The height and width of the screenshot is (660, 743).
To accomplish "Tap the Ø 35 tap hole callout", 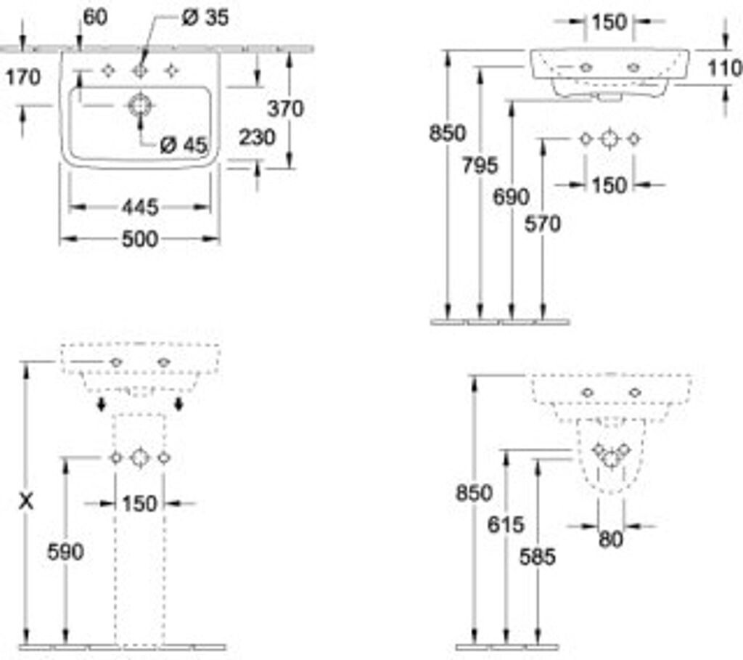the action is pyautogui.click(x=204, y=17).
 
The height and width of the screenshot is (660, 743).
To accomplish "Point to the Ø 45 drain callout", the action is pyautogui.click(x=183, y=144).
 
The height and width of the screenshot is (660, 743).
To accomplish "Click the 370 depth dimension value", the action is pyautogui.click(x=285, y=109).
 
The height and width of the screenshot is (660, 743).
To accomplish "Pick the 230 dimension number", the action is pyautogui.click(x=258, y=137).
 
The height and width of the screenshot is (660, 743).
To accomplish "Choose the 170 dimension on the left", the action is pyautogui.click(x=23, y=76).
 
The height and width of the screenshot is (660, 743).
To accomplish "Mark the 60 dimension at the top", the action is pyautogui.click(x=95, y=17).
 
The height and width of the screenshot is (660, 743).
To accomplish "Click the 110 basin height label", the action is pyautogui.click(x=725, y=68).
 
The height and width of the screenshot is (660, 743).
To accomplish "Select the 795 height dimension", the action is pyautogui.click(x=480, y=166).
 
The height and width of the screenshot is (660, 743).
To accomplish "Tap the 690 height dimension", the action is pyautogui.click(x=511, y=197).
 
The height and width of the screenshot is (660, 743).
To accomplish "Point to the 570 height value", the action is pyautogui.click(x=543, y=224).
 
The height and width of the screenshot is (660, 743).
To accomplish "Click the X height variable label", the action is pyautogui.click(x=26, y=500).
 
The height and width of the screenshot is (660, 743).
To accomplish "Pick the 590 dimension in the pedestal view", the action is pyautogui.click(x=65, y=552).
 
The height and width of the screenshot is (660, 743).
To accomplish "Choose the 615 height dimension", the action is pyautogui.click(x=505, y=524).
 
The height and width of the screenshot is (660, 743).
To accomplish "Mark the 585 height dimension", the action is pyautogui.click(x=538, y=556).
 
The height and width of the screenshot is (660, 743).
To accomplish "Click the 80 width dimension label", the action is pyautogui.click(x=611, y=540).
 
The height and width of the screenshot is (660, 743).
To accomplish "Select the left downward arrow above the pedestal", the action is pyautogui.click(x=102, y=404).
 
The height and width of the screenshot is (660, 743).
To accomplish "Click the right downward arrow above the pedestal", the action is pyautogui.click(x=178, y=404).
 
